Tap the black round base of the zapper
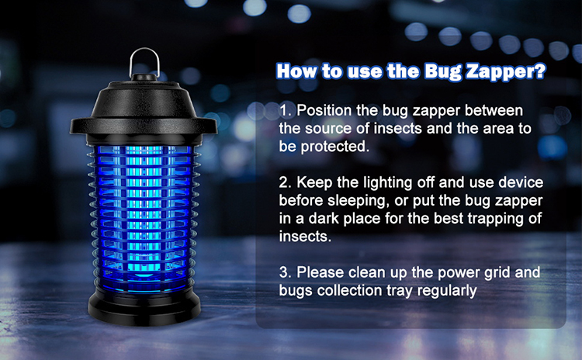pyautogui.click(x=144, y=306)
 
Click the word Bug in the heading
pyautogui.click(x=443, y=71)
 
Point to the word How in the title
pyautogui.click(x=297, y=71)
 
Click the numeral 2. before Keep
pyautogui.click(x=286, y=182)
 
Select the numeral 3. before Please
pyautogui.click(x=286, y=272)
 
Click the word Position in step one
pyautogui.click(x=324, y=111)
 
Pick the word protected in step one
pyautogui.click(x=335, y=147)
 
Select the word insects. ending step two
pyautogui.click(x=305, y=237)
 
